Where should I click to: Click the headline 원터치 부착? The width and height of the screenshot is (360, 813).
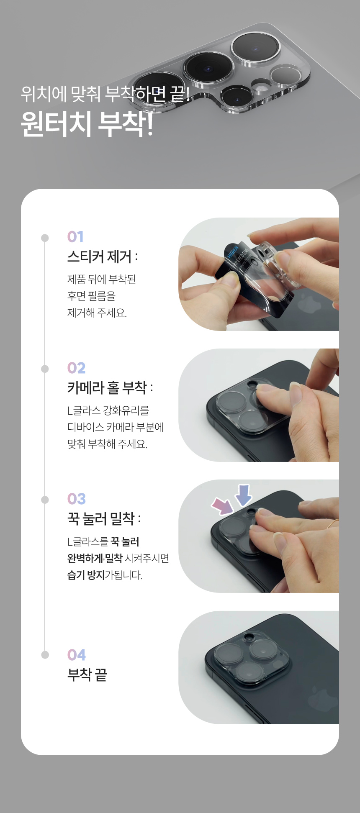tap(87, 124)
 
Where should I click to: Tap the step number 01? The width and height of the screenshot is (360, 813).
tap(75, 237)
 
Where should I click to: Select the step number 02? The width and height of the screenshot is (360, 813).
tap(76, 368)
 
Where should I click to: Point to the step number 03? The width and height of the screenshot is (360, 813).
tap(77, 499)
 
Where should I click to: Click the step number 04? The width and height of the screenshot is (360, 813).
tap(77, 655)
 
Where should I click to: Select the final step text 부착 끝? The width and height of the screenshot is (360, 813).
tap(87, 675)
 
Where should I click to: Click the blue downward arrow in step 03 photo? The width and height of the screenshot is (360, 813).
tap(243, 495)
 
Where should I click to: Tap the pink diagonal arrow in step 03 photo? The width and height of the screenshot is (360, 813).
tap(223, 506)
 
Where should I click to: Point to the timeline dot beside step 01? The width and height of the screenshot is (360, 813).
tap(45, 238)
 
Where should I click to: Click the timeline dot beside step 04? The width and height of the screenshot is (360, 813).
tap(45, 655)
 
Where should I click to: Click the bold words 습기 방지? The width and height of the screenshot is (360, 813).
tap(86, 575)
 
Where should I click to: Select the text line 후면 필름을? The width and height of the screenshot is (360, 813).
tap(91, 296)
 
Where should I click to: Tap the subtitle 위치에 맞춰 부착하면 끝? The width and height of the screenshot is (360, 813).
tap(106, 94)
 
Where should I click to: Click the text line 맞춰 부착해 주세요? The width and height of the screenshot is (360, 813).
tap(108, 444)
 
